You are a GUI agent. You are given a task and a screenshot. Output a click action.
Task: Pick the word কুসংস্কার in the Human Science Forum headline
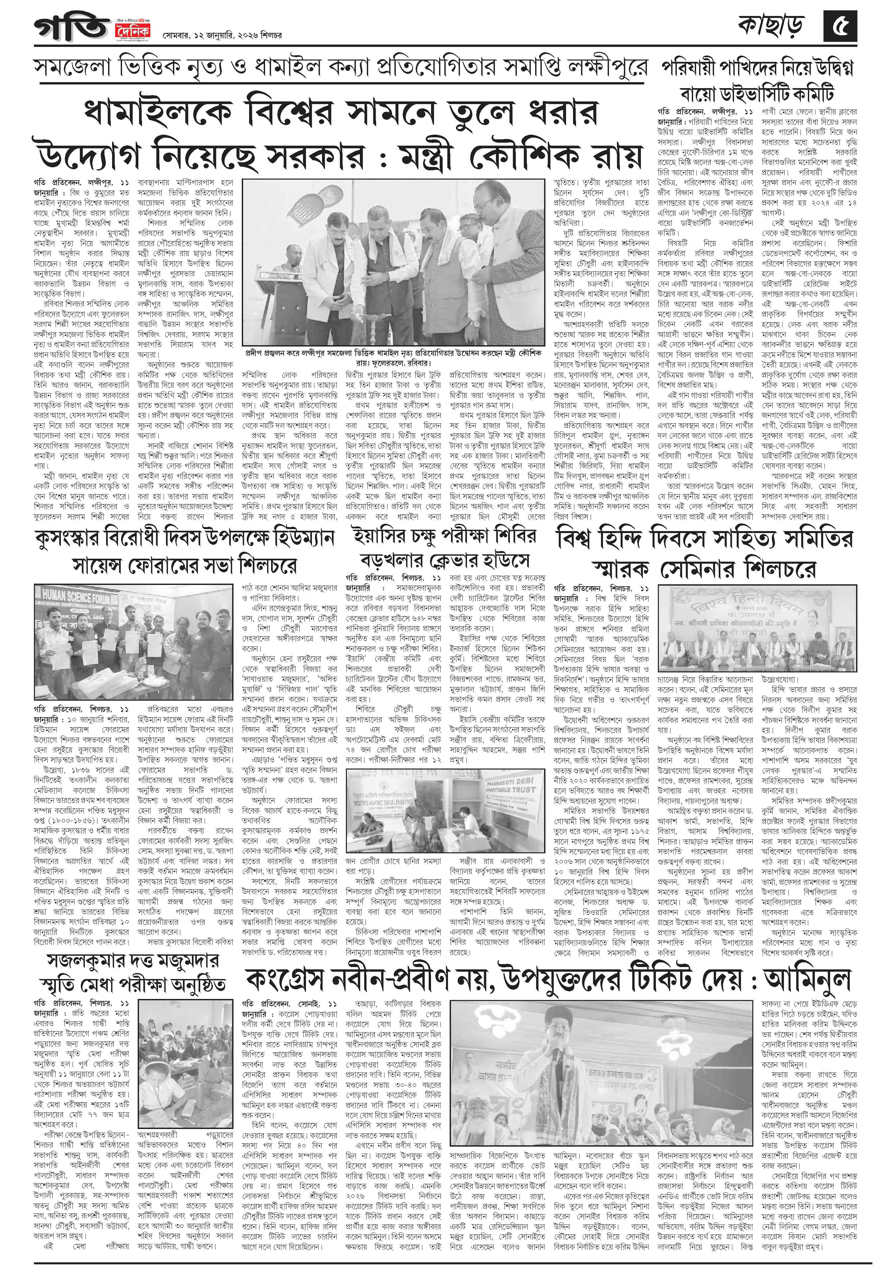[x=77, y=536]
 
